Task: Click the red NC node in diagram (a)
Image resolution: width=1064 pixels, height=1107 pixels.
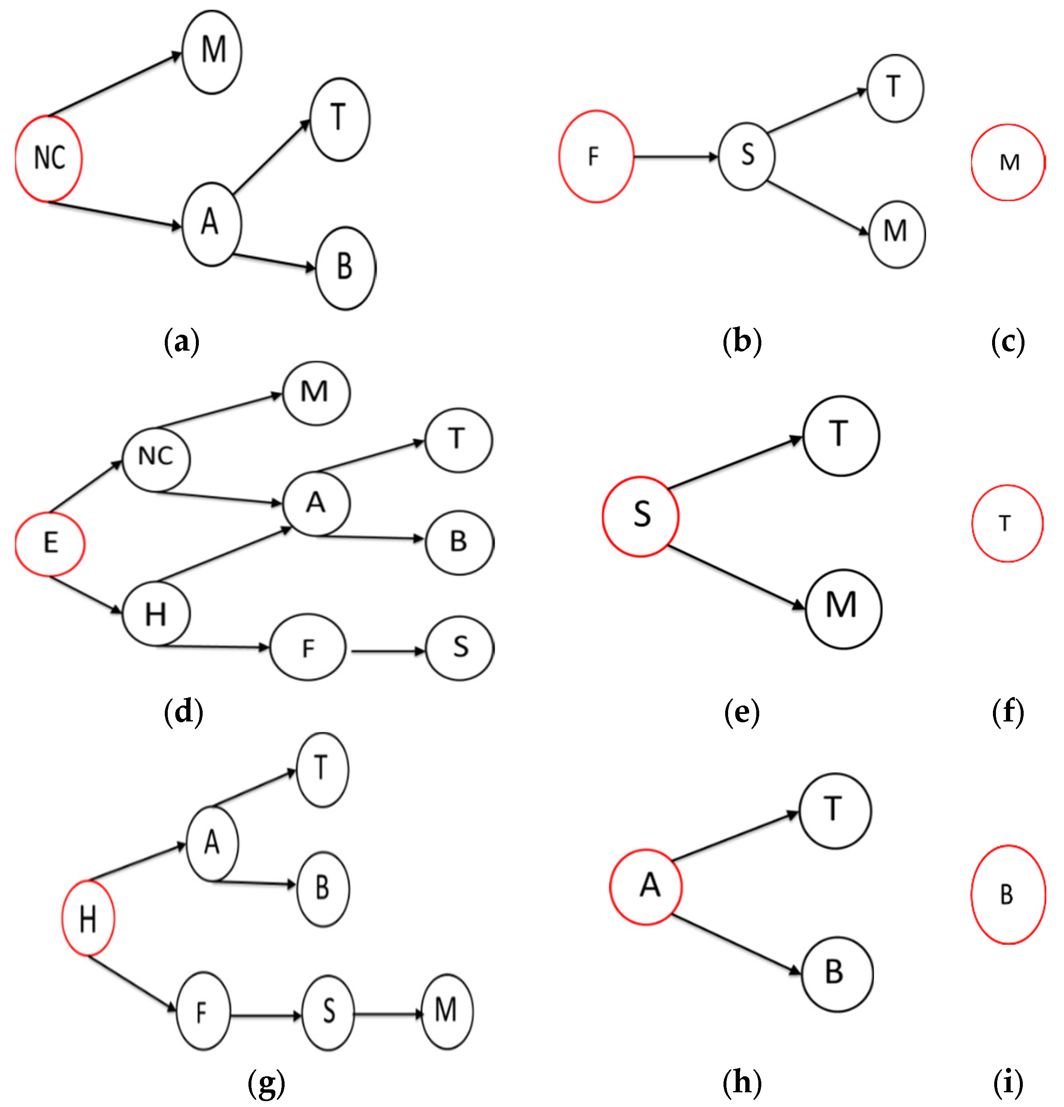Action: point(49,159)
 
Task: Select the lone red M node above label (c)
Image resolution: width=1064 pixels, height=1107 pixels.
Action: point(1008,163)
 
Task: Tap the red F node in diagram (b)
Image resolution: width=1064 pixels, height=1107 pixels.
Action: point(596,156)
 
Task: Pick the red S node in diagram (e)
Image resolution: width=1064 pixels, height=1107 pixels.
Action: point(640,516)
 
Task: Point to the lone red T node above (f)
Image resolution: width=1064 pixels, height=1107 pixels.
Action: point(1007,523)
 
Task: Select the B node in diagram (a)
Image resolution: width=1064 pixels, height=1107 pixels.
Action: point(346,268)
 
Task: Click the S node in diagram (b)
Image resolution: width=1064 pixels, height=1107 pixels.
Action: point(747,156)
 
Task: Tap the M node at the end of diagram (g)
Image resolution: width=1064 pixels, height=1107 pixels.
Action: point(446,1011)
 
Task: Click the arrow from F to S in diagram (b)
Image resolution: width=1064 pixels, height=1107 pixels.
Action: point(675,157)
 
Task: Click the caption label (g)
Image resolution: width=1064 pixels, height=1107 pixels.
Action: point(266,1083)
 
